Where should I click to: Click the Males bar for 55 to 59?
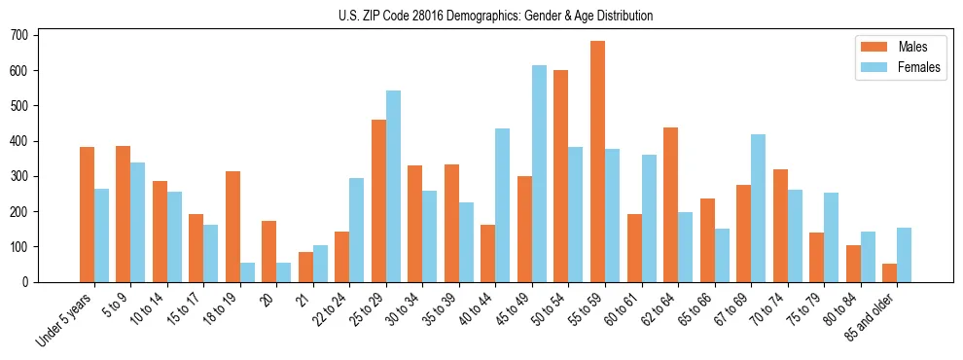coord(597,162)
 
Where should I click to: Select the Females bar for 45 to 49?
coord(539,173)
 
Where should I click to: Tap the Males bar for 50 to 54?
coord(561,176)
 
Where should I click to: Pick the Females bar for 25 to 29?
coord(393,186)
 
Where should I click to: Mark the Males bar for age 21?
coord(305,267)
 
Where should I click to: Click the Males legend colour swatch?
coord(871,47)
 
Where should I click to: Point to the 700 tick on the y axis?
coord(37,35)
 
